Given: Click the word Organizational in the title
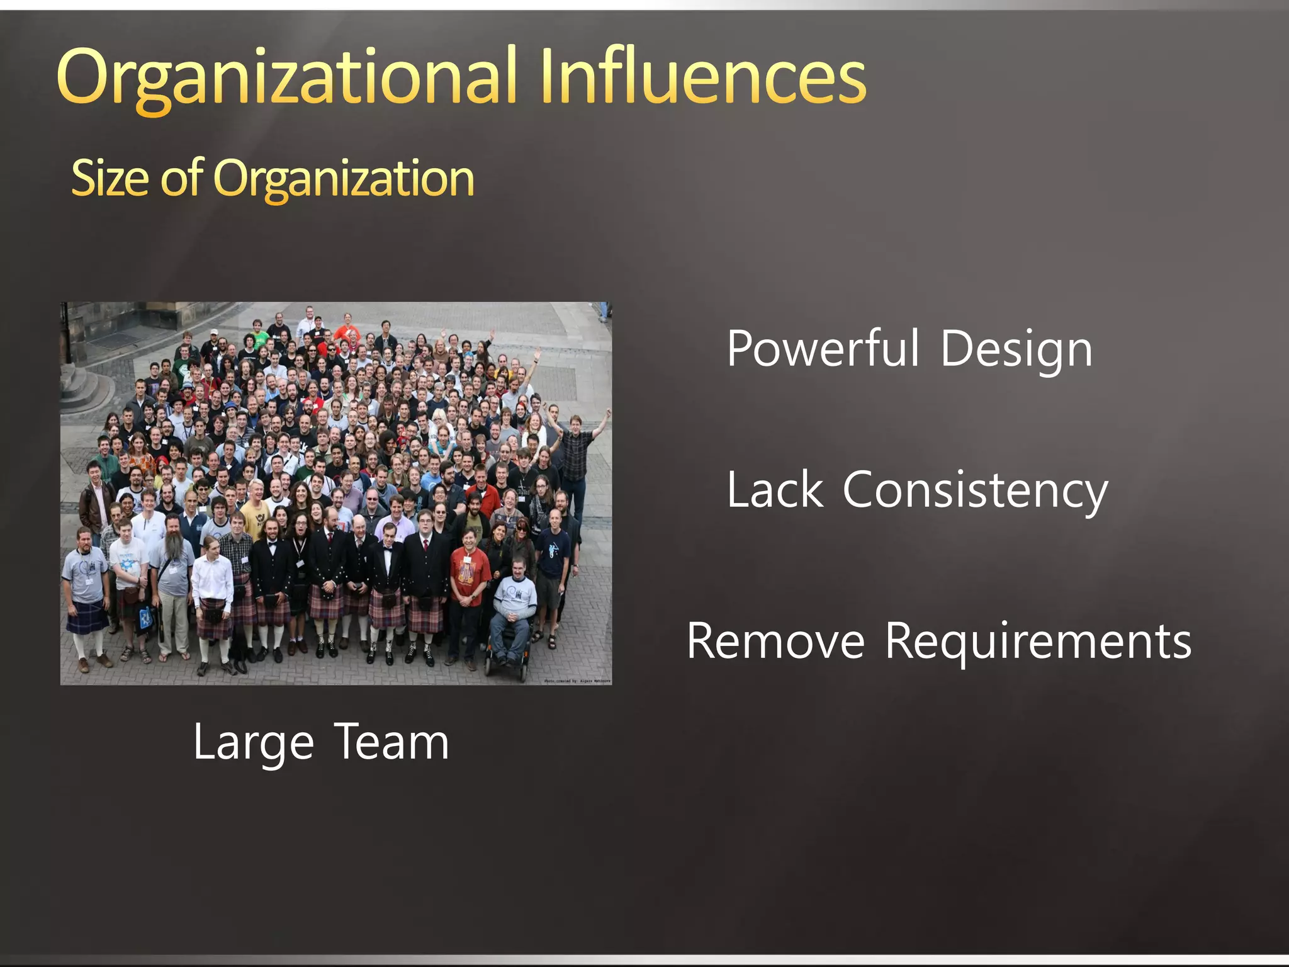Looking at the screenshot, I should coord(286,79).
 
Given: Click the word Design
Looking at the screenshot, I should coord(1016,350).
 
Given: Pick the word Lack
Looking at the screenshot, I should coord(775,490).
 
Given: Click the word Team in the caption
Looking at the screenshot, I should coord(391,742).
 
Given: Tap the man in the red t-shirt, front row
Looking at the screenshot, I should coord(469,573).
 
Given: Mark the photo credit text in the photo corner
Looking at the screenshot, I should coord(577,681).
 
